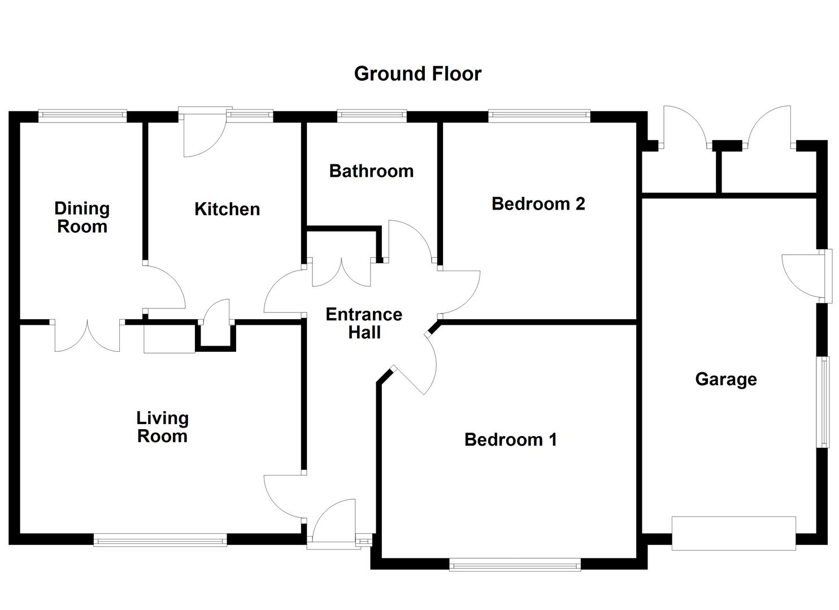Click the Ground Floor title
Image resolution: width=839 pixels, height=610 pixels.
tap(418, 73)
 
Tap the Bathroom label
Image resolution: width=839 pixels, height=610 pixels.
tap(371, 171)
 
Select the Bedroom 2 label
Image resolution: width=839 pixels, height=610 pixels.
tap(538, 203)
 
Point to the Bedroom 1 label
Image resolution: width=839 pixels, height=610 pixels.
tap(510, 439)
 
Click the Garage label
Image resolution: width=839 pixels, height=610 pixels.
tap(725, 379)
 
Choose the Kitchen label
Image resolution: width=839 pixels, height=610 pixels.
tap(227, 209)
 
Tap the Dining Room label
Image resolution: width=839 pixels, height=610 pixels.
tap(82, 217)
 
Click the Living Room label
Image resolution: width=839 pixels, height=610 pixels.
tap(162, 427)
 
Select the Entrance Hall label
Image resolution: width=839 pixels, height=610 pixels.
tap(364, 323)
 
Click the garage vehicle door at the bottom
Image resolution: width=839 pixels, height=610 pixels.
tap(733, 533)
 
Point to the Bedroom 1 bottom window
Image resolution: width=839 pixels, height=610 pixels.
tap(515, 564)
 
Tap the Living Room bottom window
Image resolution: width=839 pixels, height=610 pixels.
tap(160, 541)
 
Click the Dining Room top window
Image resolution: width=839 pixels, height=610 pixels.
tap(82, 116)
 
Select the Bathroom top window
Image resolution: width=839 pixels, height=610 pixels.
tap(371, 116)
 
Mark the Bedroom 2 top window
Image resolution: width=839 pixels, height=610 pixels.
tap(539, 116)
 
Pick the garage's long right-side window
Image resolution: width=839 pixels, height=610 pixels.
tap(825, 402)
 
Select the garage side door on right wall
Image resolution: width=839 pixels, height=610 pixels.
tap(805, 276)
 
